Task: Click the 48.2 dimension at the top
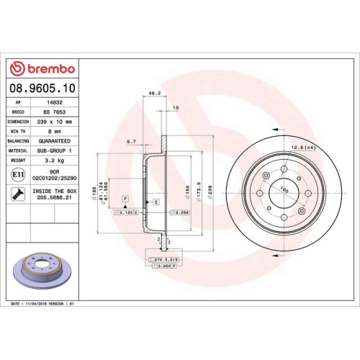[153, 93]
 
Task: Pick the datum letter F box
[125, 198]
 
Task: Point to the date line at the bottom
[43, 305]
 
